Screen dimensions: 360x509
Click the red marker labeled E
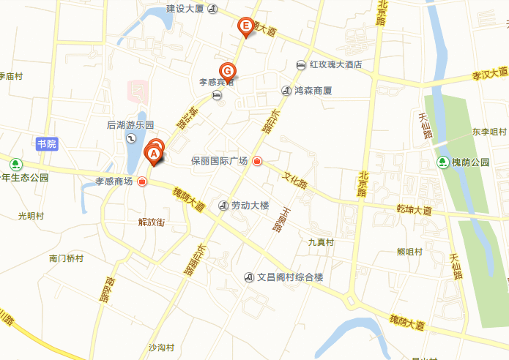tap(246, 27)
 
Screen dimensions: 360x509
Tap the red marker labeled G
tap(228, 70)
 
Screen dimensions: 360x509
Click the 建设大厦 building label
tap(185, 9)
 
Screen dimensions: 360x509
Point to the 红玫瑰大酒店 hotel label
tap(335, 65)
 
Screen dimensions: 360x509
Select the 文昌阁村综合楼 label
tap(290, 277)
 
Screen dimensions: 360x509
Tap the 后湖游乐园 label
tap(130, 125)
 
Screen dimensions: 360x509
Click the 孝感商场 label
tap(114, 181)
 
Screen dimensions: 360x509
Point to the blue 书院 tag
tap(46, 143)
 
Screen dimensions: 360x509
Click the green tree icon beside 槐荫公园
tap(443, 162)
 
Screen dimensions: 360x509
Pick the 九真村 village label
tap(321, 242)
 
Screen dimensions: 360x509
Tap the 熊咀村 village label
tap(409, 252)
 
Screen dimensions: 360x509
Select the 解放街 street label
tap(152, 222)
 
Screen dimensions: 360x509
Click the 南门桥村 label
tap(66, 258)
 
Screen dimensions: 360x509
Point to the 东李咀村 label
tap(489, 132)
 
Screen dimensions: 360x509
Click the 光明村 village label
tap(31, 216)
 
